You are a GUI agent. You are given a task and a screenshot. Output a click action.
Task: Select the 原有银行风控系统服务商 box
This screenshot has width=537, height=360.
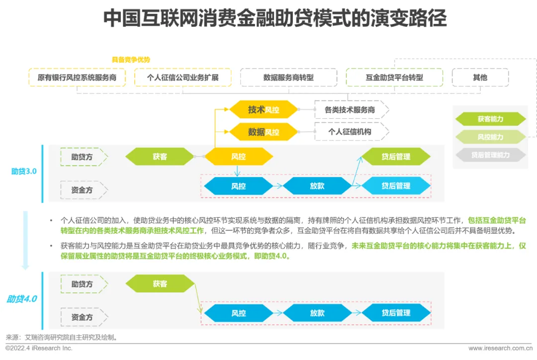(x=77, y=78)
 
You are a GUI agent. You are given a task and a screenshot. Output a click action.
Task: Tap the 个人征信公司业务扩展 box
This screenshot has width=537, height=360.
(x=183, y=78)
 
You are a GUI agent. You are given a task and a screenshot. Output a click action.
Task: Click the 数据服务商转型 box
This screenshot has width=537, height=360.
(x=288, y=78)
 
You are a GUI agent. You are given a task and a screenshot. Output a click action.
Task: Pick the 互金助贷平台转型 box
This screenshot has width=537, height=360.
(x=394, y=78)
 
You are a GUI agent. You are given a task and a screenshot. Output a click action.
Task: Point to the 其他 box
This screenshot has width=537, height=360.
(x=480, y=78)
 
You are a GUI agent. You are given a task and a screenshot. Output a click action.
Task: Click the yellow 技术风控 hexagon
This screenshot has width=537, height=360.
(x=263, y=110)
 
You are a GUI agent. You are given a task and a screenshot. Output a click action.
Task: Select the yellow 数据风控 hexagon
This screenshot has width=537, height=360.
(x=263, y=132)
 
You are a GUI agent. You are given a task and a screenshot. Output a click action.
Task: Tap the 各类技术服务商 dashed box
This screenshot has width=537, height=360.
(x=350, y=110)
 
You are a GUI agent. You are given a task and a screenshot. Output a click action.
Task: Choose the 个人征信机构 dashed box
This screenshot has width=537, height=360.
(x=350, y=132)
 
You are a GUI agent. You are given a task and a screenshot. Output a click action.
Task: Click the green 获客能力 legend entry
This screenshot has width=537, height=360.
(x=490, y=119)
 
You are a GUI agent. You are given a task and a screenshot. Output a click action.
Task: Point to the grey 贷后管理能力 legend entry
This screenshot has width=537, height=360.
(x=490, y=155)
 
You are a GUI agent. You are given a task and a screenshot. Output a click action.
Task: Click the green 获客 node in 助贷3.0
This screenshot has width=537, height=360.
(x=160, y=157)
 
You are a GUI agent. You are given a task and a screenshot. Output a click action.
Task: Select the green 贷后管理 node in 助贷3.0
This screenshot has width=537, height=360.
(x=396, y=157)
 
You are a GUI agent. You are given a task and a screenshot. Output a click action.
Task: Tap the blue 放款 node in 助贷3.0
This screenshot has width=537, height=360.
(x=317, y=186)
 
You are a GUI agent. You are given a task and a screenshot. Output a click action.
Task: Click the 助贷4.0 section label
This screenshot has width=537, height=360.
(x=21, y=299)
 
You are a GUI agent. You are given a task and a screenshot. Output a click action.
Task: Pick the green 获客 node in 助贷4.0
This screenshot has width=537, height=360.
(x=160, y=284)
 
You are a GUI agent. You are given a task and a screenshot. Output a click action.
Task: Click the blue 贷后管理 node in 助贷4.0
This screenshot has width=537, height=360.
(x=396, y=313)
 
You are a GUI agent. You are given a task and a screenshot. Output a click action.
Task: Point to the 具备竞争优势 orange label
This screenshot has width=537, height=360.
(x=131, y=60)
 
